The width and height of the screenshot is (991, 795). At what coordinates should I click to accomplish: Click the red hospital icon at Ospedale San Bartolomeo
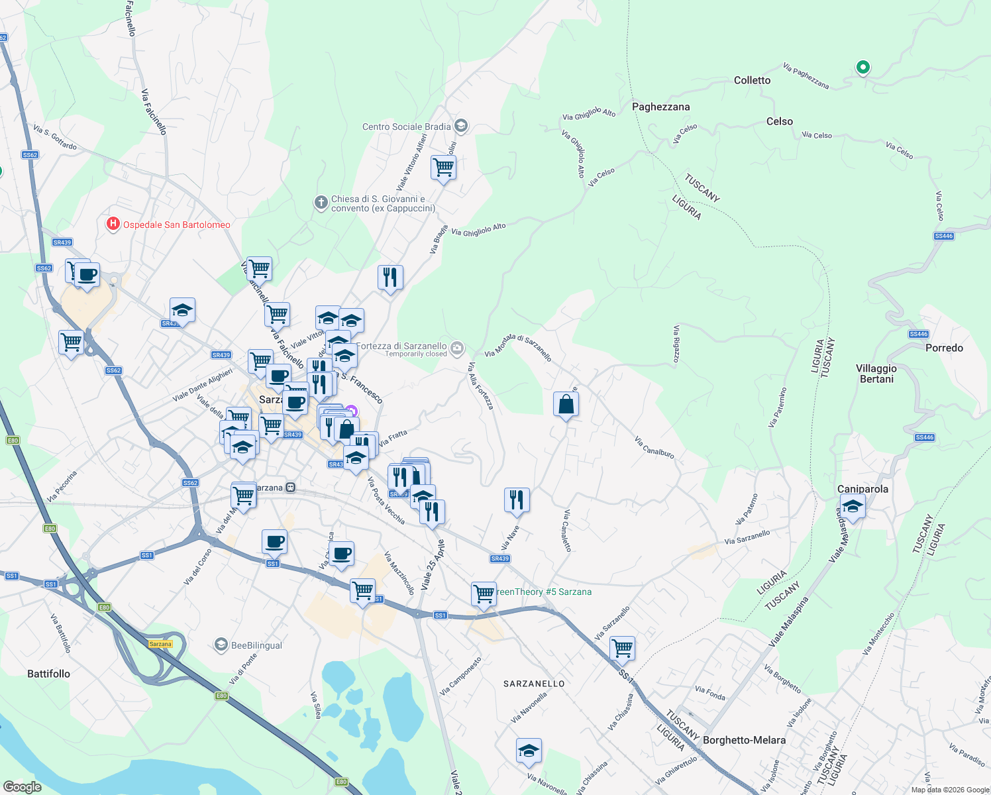click(113, 225)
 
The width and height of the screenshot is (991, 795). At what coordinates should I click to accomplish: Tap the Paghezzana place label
click(660, 107)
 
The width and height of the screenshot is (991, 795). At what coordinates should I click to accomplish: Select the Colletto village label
click(752, 80)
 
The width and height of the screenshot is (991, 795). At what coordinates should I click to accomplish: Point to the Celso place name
click(779, 121)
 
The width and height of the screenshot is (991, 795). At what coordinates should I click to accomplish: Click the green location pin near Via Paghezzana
click(862, 67)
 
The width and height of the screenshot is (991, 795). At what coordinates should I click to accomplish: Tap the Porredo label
click(944, 348)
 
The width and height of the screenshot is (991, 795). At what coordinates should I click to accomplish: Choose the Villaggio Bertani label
click(876, 374)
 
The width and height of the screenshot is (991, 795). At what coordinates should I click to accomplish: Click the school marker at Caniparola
click(853, 507)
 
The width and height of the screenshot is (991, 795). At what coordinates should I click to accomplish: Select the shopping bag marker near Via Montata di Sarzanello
click(566, 404)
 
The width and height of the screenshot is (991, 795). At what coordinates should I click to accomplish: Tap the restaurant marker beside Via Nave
click(517, 500)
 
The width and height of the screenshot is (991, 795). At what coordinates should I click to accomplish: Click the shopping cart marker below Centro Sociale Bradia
click(443, 168)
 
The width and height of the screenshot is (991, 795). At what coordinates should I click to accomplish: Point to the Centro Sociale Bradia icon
click(461, 126)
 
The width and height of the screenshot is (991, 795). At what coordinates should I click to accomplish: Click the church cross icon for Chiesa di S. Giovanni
click(321, 203)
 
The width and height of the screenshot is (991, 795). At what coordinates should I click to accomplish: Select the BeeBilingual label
click(256, 645)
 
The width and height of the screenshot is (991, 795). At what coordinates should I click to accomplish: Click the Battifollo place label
click(48, 674)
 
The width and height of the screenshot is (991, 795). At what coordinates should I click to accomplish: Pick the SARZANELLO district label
click(534, 684)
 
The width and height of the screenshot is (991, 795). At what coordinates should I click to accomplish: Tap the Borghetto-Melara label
click(744, 740)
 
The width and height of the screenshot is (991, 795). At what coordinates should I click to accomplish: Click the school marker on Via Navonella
click(529, 751)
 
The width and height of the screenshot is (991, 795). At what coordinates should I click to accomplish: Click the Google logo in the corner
click(22, 787)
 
